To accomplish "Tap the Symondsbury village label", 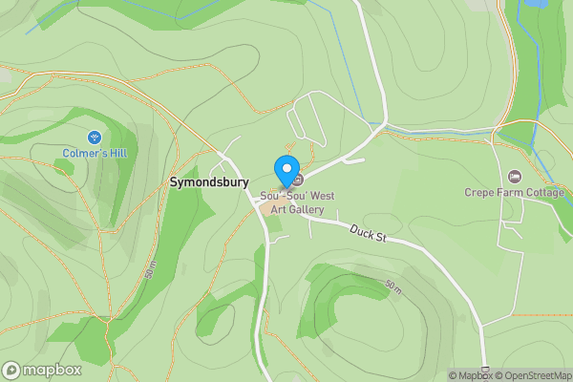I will [x=209, y=181].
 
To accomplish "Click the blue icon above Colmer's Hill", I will [x=95, y=137].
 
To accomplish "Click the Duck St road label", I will [x=366, y=232].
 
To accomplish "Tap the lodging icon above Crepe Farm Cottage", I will [x=516, y=177].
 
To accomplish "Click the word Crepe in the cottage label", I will [x=480, y=192].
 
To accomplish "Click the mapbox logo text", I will [x=52, y=371].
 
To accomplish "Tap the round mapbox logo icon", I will [x=11, y=371].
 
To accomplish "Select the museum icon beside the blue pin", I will [x=299, y=180].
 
